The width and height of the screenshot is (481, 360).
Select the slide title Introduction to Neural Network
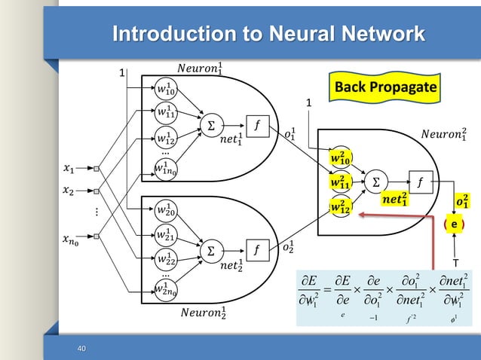click(x=268, y=34)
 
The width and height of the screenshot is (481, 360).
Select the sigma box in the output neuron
click(x=375, y=182)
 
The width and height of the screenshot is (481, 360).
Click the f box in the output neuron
click(x=420, y=181)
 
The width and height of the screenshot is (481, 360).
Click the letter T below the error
click(x=455, y=263)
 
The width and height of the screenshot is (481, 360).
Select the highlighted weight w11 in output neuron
click(x=342, y=182)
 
